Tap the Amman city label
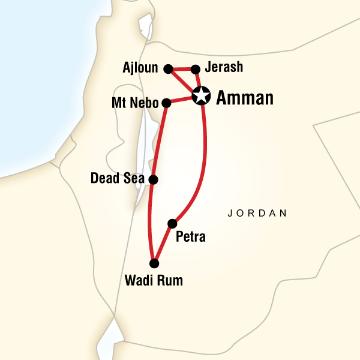click(244, 97)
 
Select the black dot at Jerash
click(195, 68)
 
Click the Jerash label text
click(223, 67)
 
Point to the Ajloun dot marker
click(169, 68)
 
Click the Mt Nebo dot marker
click(166, 103)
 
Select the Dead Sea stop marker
click(153, 179)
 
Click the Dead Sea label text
click(118, 179)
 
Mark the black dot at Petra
click(172, 224)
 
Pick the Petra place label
click(190, 237)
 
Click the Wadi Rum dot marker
click(154, 263)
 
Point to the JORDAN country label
click(257, 213)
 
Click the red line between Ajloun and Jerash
click(182, 68)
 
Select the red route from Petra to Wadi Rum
click(163, 244)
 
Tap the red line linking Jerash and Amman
click(198, 81)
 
